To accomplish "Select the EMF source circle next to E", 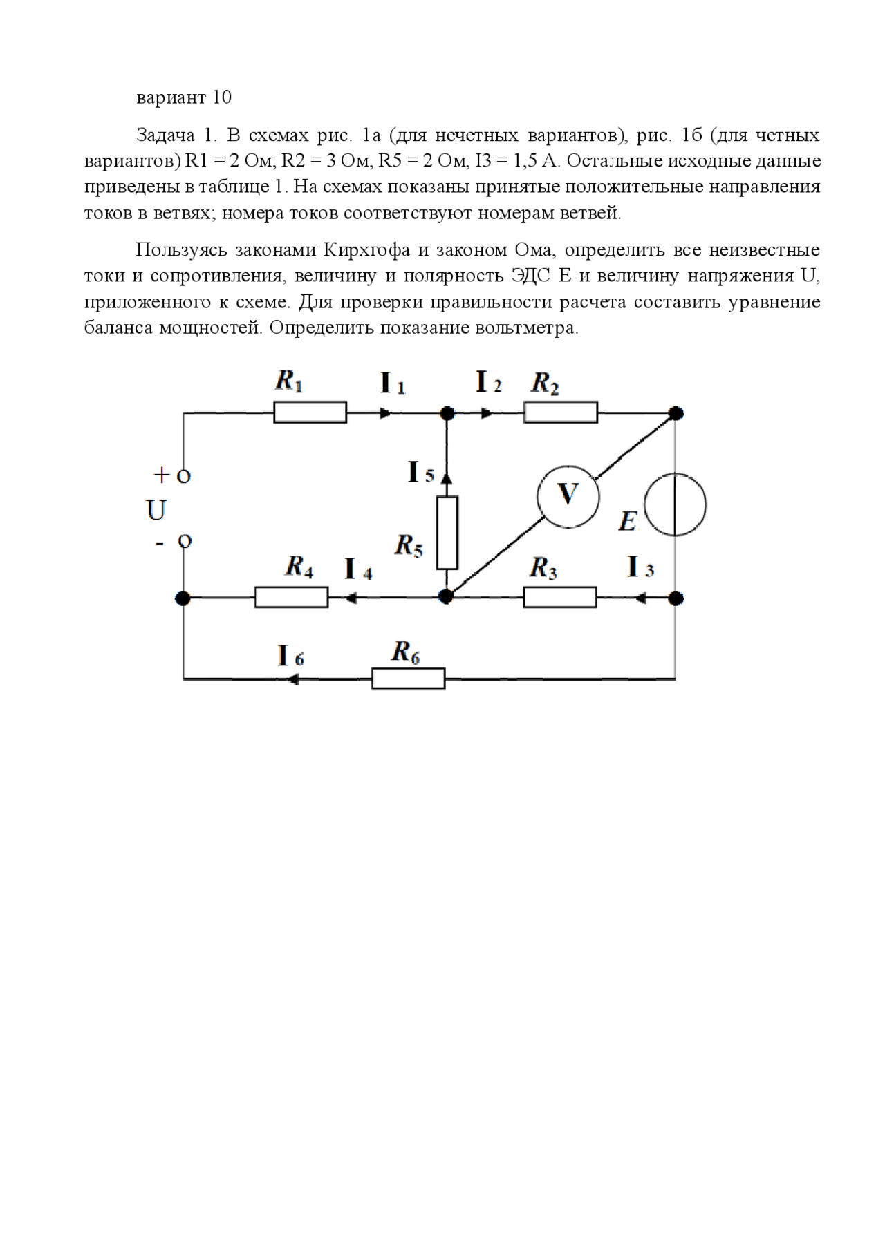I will click(x=676, y=504).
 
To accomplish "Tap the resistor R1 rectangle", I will click(x=310, y=413).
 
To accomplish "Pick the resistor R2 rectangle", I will click(x=561, y=413).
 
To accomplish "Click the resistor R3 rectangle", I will click(x=559, y=598).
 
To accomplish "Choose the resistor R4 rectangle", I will click(x=291, y=598).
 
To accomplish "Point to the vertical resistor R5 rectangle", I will click(x=447, y=532).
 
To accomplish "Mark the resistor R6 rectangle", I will click(x=408, y=679).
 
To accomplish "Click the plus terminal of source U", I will click(x=183, y=476).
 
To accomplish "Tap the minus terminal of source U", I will click(x=184, y=541).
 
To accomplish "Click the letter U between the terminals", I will click(x=156, y=511).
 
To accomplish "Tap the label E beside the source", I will click(x=626, y=521).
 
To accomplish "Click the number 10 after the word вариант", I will click(x=221, y=97).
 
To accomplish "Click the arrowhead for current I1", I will click(x=385, y=413).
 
